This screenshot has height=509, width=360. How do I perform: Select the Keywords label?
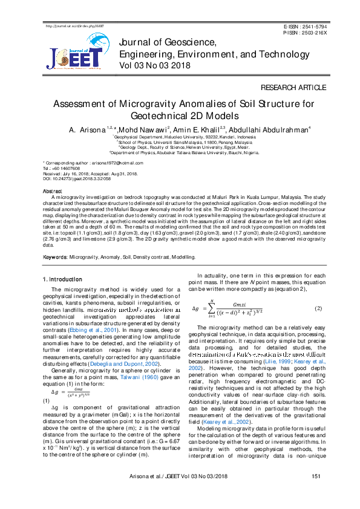(54, 257)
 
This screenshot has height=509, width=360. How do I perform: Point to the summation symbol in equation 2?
(211, 307)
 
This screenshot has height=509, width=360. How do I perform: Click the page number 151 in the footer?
(315, 493)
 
